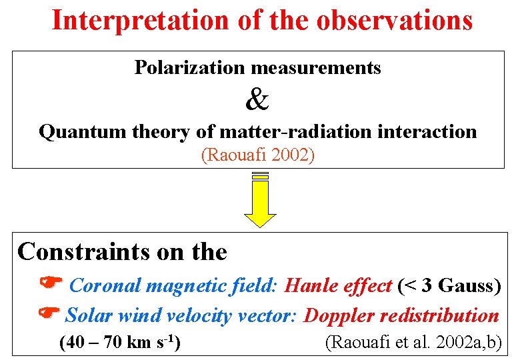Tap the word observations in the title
[395, 21]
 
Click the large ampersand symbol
[258, 100]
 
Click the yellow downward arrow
[260, 200]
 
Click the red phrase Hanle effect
[337, 286]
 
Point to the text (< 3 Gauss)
[449, 286]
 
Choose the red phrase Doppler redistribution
[401, 315]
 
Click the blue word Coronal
[105, 286]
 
